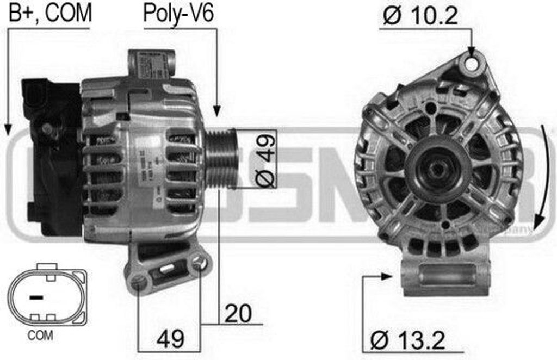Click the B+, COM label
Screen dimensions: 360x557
pos(50,13)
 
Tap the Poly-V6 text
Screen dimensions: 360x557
pos(178,14)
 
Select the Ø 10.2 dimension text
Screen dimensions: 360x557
pos(419,16)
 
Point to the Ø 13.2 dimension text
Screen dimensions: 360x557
pos(408,341)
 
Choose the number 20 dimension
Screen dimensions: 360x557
pos(238,314)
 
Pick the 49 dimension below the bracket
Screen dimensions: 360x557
pos(170,339)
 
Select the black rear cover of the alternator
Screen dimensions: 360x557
pos(52,158)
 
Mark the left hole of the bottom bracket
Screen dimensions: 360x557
pos(139,282)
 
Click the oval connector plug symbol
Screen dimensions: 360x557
pos(47,296)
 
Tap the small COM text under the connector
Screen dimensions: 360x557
pos(40,336)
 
